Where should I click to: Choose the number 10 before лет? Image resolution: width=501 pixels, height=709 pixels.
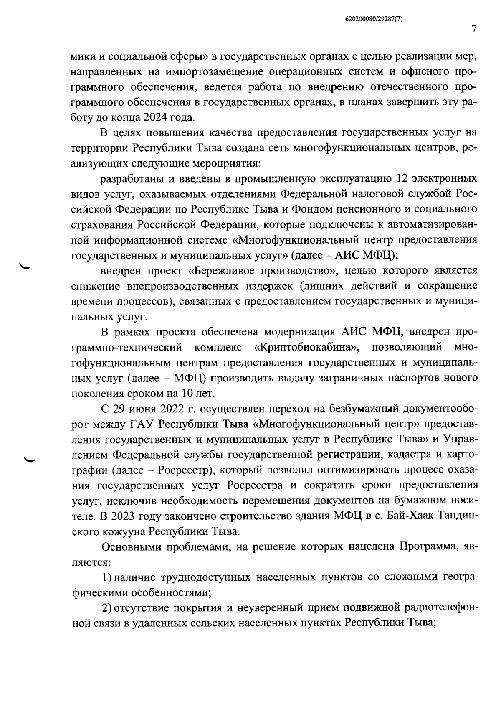(187, 394)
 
